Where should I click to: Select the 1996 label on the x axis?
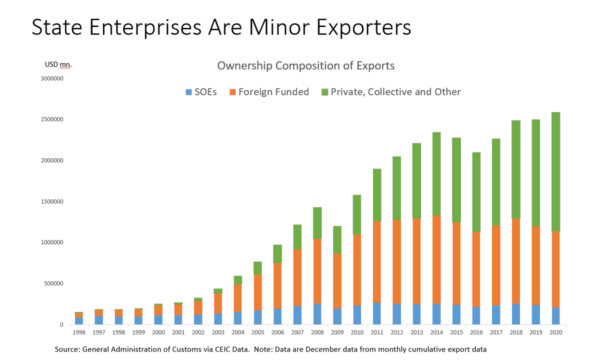pyautogui.click(x=79, y=332)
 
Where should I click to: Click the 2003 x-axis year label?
pyautogui.click(x=217, y=332)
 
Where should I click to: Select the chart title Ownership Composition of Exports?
pyautogui.click(x=305, y=66)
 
